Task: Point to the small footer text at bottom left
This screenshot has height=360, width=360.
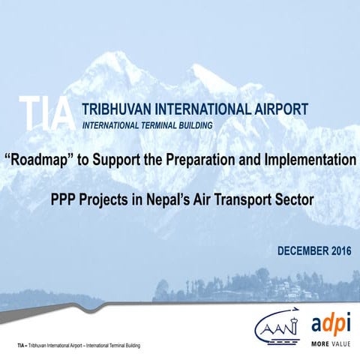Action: [79, 345]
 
